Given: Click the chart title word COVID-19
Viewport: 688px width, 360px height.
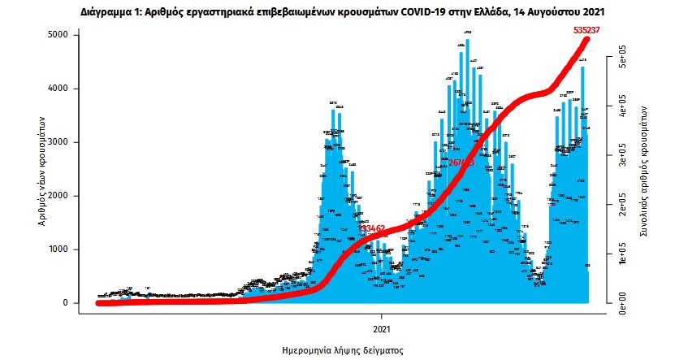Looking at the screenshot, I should click(426, 13).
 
